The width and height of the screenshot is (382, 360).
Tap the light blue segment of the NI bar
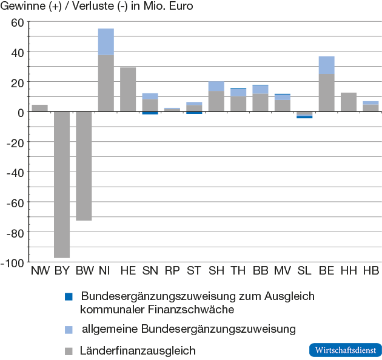click(106, 42)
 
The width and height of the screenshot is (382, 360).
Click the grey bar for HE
click(128, 89)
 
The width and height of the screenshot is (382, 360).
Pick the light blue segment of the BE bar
click(326, 65)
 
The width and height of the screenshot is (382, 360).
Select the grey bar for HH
click(349, 102)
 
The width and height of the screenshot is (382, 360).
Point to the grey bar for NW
click(39, 108)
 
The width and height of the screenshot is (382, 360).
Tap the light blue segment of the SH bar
click(216, 86)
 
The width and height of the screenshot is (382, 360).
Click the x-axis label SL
click(304, 270)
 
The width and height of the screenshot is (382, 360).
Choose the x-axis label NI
click(106, 270)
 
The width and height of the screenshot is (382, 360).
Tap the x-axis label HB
click(370, 270)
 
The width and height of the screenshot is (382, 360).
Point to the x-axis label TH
click(238, 270)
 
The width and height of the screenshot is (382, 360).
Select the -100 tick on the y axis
click(13, 262)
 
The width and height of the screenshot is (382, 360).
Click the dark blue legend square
click(69, 297)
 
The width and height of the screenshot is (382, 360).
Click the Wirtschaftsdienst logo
click(345, 350)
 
